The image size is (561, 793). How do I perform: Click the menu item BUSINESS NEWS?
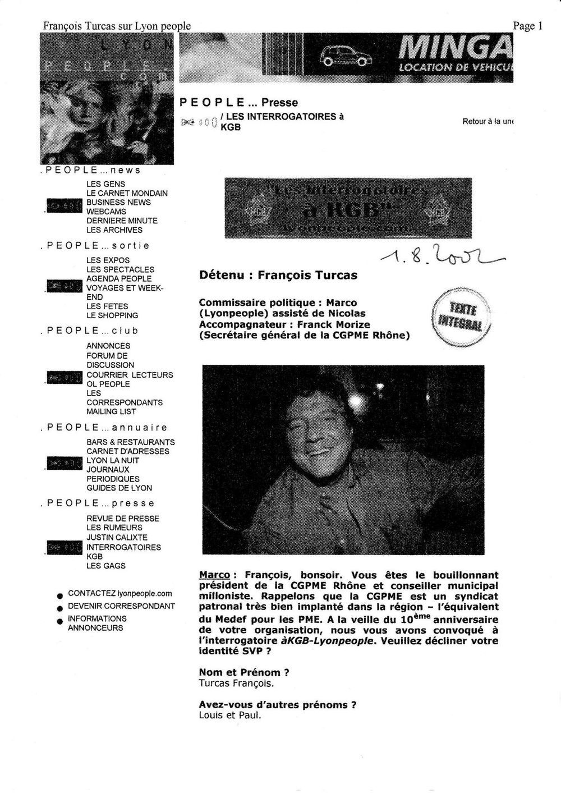click(x=118, y=202)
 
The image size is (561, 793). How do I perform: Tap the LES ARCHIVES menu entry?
click(x=114, y=230)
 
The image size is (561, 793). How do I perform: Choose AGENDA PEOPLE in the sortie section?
click(x=118, y=278)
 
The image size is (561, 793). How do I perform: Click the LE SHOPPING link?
click(x=112, y=315)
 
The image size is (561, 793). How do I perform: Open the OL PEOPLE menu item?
click(x=108, y=384)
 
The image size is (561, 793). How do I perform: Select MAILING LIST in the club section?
click(x=111, y=411)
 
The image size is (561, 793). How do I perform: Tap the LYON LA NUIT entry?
click(x=112, y=460)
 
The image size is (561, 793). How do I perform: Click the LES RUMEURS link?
click(x=114, y=528)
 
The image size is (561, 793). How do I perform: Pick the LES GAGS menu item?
click(x=105, y=566)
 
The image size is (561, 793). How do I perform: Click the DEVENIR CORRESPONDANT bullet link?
click(x=121, y=606)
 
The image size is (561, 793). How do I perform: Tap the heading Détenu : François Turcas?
click(x=278, y=276)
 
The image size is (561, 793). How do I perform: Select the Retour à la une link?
click(x=488, y=121)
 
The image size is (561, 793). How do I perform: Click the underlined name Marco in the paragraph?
click(x=214, y=575)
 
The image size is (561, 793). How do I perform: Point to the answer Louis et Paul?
click(x=230, y=716)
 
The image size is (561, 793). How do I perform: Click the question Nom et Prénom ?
click(x=244, y=672)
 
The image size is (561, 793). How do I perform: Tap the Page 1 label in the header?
click(x=527, y=26)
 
